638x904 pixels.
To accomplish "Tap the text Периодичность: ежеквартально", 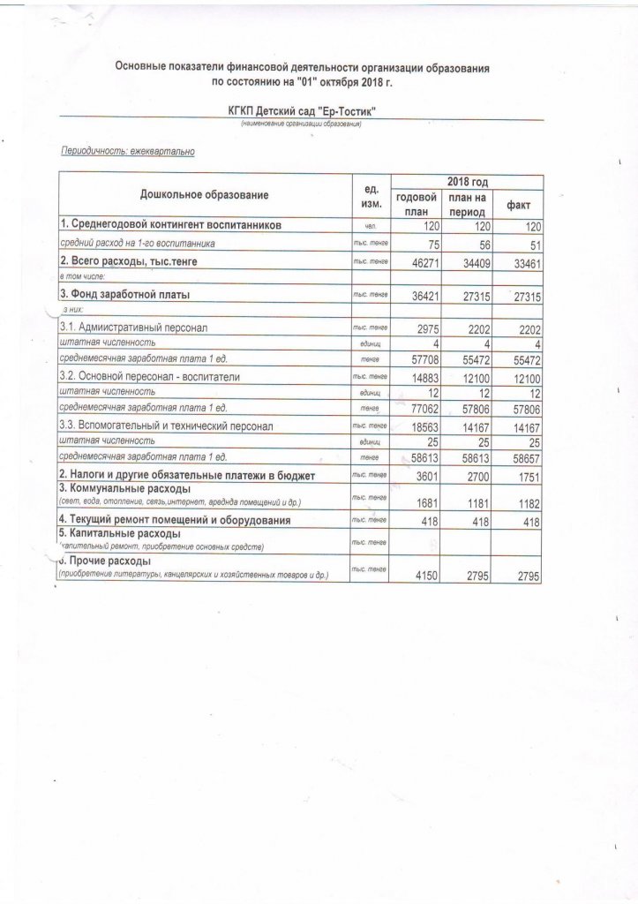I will point(126,152).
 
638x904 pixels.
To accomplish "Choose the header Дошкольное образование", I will point(204,194).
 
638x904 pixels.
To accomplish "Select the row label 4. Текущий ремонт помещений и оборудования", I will point(175,522).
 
